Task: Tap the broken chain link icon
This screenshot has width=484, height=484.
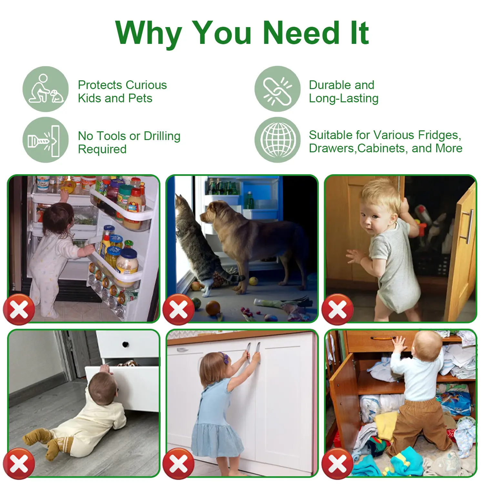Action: coord(277,89)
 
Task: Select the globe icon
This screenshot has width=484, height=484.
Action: coord(277,140)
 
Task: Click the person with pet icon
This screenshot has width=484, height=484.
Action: coord(45,89)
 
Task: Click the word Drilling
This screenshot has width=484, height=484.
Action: coord(162,136)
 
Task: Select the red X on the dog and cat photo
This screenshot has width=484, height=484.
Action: coord(178,309)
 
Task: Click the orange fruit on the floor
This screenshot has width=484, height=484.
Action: coord(213,308)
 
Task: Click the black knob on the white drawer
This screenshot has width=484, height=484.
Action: coord(125,344)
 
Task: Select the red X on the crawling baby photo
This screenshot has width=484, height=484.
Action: coord(19,464)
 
